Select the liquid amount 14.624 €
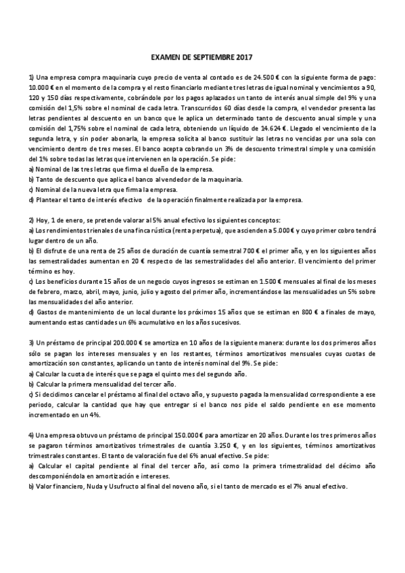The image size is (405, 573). click(x=269, y=126)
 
